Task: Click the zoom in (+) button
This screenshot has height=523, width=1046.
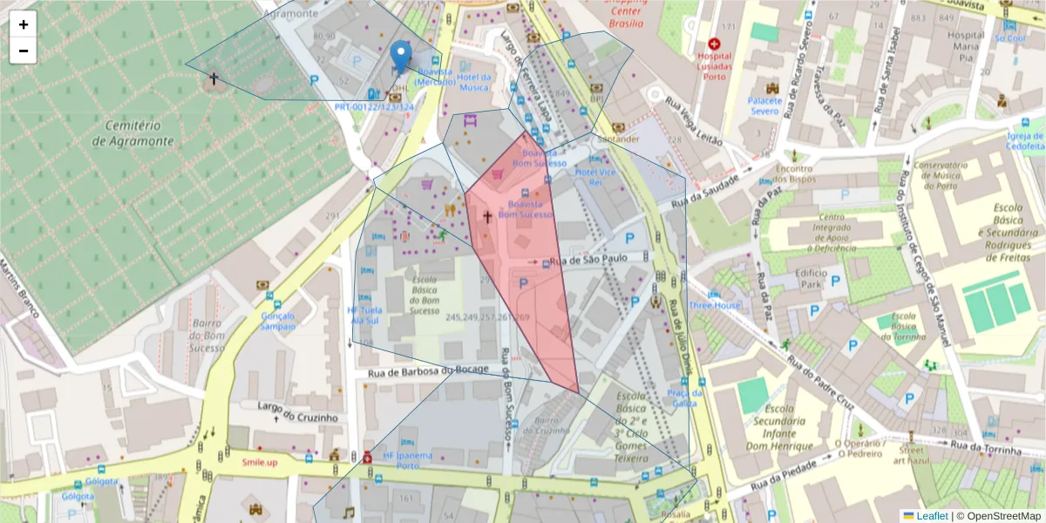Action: (x=24, y=24)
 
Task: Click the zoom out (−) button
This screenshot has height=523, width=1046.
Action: (x=24, y=51)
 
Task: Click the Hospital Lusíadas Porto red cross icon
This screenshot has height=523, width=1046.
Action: (x=715, y=44)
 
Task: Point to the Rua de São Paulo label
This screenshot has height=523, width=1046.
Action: (x=589, y=260)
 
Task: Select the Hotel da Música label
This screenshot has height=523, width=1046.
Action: (x=474, y=82)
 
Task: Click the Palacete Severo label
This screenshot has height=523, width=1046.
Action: (x=764, y=105)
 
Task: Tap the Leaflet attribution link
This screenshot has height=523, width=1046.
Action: (x=931, y=516)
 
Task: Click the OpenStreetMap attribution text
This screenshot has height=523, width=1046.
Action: (x=998, y=516)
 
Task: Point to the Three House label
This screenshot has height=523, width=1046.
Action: (x=714, y=306)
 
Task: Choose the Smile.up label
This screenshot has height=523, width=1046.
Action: (x=260, y=462)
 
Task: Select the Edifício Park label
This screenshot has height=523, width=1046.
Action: (x=797, y=279)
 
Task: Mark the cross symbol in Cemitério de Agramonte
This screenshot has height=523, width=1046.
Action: (x=213, y=78)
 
